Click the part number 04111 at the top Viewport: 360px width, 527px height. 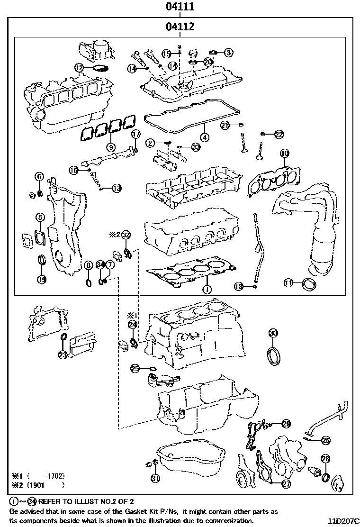point(180,7)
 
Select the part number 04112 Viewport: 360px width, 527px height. point(180,27)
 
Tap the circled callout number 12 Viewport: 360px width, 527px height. point(79,68)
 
